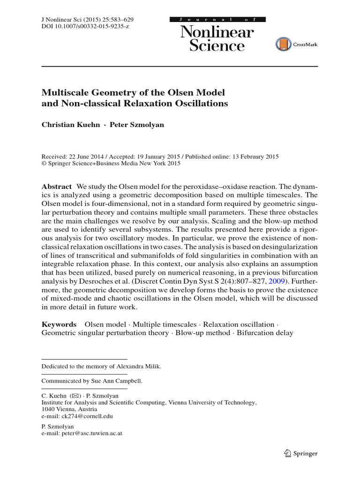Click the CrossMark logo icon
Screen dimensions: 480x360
tap(283, 45)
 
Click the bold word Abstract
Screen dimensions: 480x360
tap(57, 186)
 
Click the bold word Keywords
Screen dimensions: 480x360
tap(59, 324)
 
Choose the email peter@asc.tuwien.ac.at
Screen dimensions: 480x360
tap(92, 434)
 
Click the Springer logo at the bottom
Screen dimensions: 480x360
tap(301, 453)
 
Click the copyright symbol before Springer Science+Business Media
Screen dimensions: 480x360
tap(44, 164)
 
